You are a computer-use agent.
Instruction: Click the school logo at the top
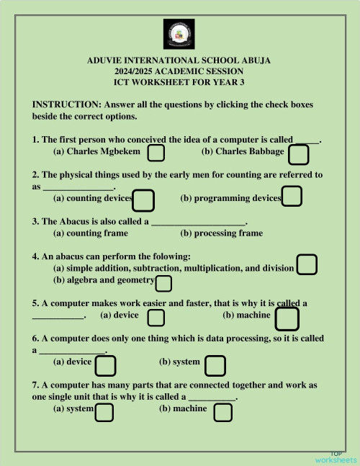pyautogui.click(x=179, y=34)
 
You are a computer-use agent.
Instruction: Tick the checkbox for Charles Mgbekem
pyautogui.click(x=156, y=153)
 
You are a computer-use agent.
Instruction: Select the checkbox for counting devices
pyautogui.click(x=143, y=200)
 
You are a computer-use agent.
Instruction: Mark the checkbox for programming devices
pyautogui.click(x=292, y=196)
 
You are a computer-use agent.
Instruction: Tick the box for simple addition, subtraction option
pyautogui.click(x=307, y=265)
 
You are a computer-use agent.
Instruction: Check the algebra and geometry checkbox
pyautogui.click(x=163, y=283)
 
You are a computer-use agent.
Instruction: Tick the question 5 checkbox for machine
pyautogui.click(x=287, y=318)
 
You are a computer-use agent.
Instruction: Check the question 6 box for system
pyautogui.click(x=215, y=366)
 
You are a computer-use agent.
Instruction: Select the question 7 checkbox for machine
pyautogui.click(x=223, y=413)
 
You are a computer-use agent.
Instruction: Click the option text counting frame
pyautogui.click(x=91, y=233)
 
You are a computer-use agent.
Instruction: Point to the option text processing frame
pyautogui.click(x=222, y=233)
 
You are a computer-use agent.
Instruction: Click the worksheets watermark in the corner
pyautogui.click(x=336, y=458)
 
